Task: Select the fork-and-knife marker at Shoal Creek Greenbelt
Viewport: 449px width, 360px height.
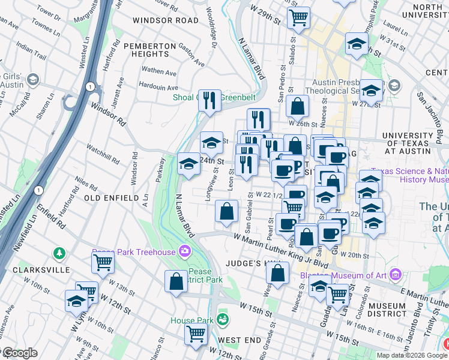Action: coord(209,101)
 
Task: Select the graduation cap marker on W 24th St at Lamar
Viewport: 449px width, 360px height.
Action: coord(188,164)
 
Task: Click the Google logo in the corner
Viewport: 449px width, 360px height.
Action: coord(19,353)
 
